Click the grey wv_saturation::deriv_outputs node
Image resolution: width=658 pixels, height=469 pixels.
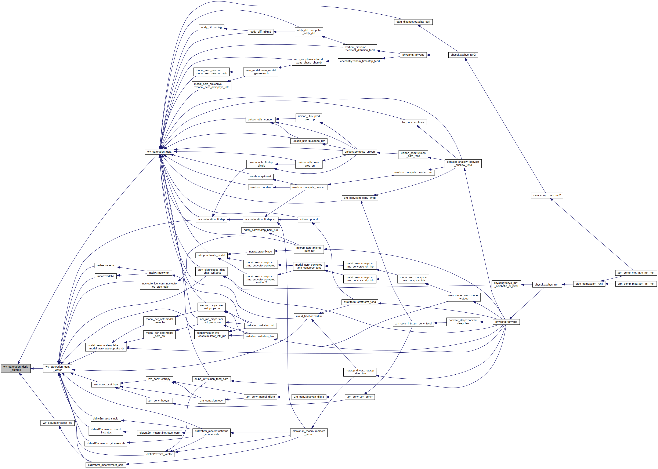click(x=16, y=368)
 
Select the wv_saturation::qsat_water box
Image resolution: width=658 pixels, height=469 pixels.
click(x=58, y=368)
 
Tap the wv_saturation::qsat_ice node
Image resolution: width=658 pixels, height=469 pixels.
click(x=58, y=423)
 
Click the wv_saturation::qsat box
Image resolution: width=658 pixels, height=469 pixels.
click(x=159, y=152)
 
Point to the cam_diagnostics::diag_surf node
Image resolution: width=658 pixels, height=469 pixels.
click(x=413, y=22)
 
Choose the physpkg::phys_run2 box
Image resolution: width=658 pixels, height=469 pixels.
click(x=463, y=55)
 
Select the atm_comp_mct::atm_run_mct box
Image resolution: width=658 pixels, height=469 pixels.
click(x=636, y=273)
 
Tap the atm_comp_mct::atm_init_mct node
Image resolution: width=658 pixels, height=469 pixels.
click(x=636, y=284)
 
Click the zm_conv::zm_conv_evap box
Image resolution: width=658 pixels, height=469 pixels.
click(x=360, y=198)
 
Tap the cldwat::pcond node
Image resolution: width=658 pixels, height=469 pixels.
click(x=309, y=219)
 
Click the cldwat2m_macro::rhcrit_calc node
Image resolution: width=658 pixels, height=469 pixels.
click(x=105, y=465)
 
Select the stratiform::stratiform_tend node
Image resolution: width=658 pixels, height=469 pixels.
click(x=360, y=302)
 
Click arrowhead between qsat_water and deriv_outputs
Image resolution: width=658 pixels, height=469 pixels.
click(x=33, y=368)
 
